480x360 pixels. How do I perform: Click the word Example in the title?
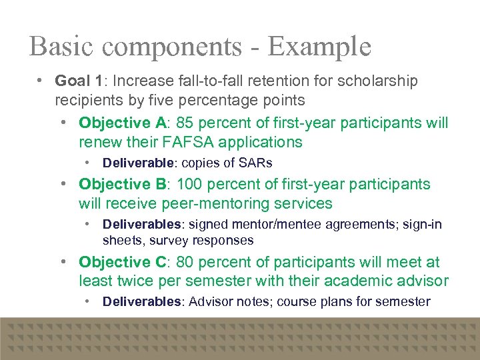tap(319, 47)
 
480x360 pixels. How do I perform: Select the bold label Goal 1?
tap(79, 81)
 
